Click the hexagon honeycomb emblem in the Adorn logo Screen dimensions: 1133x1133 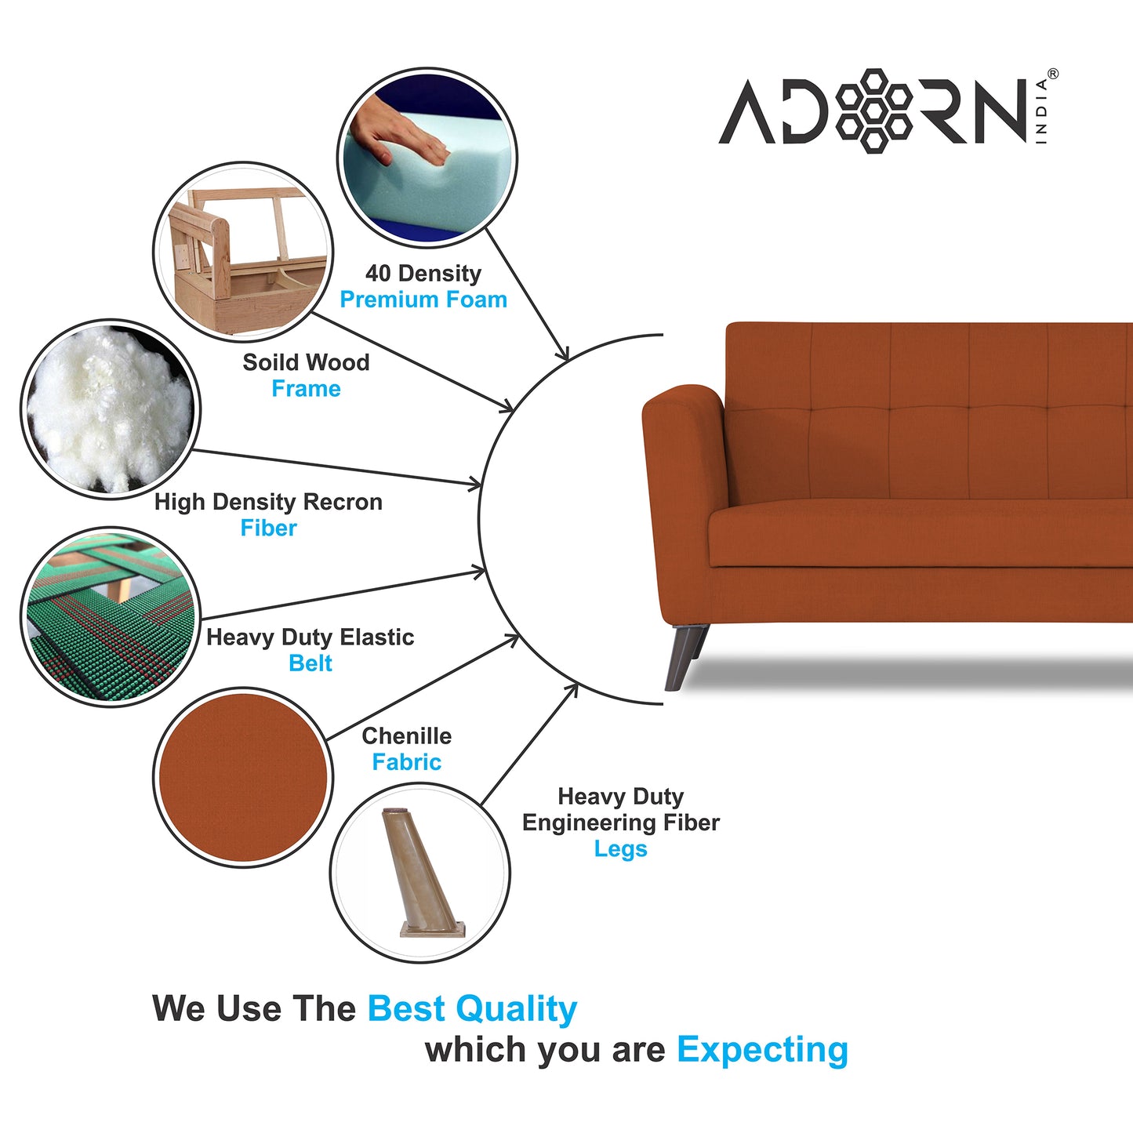coord(873,111)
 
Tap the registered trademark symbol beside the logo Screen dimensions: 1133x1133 coord(1052,74)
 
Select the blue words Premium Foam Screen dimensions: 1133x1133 coord(423,300)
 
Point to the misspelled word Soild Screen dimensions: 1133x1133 coord(267,362)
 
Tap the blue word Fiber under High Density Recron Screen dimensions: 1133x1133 coord(268,528)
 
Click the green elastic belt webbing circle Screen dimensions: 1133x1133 coord(110,617)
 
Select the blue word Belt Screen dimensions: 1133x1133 coord(310,663)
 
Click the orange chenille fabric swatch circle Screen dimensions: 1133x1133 coord(243,777)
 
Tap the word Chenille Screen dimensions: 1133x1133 coord(406,736)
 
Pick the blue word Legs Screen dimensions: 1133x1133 coord(620,849)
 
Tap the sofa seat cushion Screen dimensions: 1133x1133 coord(917,533)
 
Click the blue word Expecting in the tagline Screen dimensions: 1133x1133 coord(762,1050)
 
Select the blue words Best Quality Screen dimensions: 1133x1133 coord(472,1009)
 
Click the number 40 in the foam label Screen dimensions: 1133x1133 coord(377,274)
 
